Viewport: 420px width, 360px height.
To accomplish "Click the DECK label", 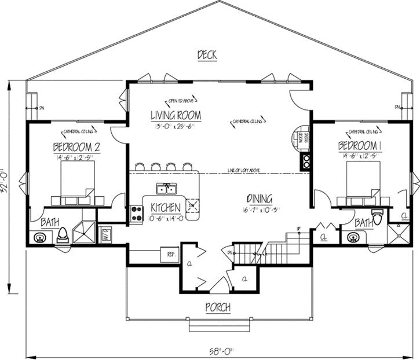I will (207, 55).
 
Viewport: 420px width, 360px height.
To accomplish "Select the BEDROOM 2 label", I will (76, 148).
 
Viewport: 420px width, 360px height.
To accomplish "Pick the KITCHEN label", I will (165, 208).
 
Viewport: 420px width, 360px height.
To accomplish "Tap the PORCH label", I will (218, 307).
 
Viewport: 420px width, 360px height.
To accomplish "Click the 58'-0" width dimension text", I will (223, 351).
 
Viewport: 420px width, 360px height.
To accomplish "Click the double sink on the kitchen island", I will (166, 188).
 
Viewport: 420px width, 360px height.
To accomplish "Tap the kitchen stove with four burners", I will (136, 213).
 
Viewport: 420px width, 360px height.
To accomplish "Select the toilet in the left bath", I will (63, 234).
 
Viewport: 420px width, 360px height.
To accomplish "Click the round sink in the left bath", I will (40, 237).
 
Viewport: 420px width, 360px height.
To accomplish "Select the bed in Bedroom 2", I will (75, 179).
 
